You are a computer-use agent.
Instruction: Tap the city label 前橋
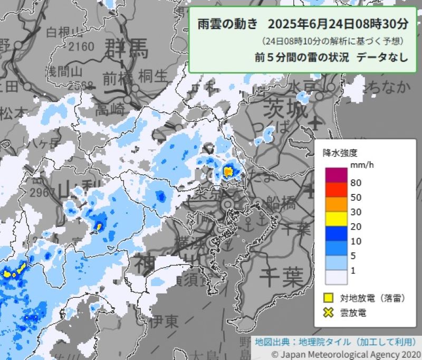coord(118,77)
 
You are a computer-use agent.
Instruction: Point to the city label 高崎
coord(110,109)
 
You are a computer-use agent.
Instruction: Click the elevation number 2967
coord(43,192)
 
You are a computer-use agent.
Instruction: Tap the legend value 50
coord(356,198)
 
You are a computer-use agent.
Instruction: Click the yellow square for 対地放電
coord(329,298)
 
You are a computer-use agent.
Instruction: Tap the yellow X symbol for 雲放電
coord(329,312)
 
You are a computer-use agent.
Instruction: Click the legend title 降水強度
coord(340,153)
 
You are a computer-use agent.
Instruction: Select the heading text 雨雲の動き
coord(228,24)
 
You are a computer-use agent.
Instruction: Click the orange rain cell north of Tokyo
coord(228,171)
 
